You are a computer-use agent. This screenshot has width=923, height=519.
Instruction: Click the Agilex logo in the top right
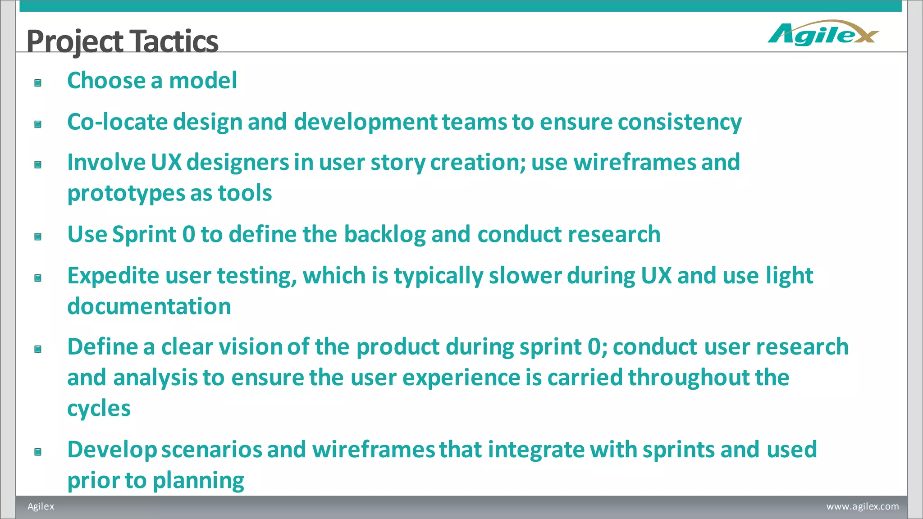[823, 33]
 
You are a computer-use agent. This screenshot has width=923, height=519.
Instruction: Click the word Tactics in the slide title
[175, 41]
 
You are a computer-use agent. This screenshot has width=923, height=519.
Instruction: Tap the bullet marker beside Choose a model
[38, 83]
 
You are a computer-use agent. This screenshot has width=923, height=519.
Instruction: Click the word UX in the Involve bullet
[166, 162]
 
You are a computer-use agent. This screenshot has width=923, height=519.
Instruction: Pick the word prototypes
[126, 194]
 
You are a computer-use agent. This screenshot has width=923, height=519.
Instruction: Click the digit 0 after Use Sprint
[189, 235]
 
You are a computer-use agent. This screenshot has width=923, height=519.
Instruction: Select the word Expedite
[113, 276]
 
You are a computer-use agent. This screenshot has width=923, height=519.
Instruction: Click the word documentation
[149, 306]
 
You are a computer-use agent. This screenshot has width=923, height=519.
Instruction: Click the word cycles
[99, 409]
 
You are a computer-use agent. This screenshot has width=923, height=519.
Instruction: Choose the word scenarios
[212, 450]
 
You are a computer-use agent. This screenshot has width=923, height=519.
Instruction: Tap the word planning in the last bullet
[198, 481]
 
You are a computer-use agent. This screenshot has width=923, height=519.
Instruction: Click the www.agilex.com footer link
[862, 506]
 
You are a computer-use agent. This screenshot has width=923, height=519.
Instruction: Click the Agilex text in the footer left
[41, 506]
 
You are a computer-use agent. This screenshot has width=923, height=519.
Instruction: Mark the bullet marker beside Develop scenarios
[38, 452]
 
